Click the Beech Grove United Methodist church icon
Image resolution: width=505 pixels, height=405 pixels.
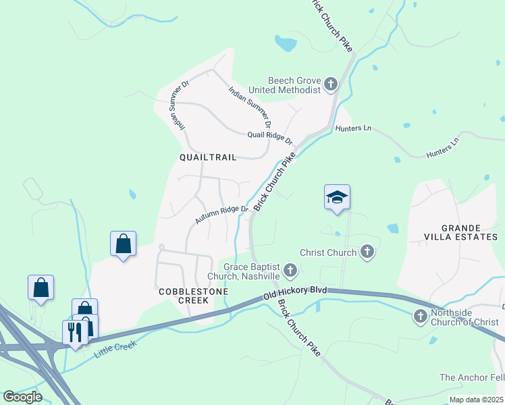tap(331, 84)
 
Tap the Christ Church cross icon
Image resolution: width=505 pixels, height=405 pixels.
tap(367, 252)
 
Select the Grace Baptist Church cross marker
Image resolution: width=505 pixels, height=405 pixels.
tap(290, 271)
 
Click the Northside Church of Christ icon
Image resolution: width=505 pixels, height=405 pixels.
tap(420, 316)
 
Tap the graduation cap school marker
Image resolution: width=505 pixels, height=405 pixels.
tap(337, 197)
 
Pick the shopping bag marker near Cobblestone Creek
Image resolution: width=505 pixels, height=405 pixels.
tap(124, 244)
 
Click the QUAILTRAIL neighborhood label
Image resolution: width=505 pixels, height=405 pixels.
tap(208, 157)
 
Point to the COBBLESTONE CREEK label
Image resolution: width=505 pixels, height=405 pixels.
tap(192, 296)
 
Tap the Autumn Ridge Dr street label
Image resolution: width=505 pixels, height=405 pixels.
tap(222, 215)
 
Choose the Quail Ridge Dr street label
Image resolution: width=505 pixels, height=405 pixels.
tap(269, 137)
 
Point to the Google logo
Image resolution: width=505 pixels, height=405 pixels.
tap(22, 396)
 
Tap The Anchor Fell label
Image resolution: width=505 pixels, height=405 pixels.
tap(471, 377)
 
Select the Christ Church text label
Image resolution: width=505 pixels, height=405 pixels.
tap(329, 252)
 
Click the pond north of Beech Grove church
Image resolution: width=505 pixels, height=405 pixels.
tap(286, 44)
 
